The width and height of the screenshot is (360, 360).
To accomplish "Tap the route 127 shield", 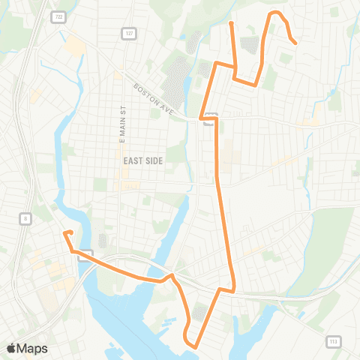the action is (128, 33).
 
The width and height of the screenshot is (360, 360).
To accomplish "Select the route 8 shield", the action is (25, 218).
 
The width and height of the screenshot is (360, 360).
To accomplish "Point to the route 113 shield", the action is (332, 342).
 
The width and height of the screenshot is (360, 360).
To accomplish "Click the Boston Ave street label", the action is (153, 97).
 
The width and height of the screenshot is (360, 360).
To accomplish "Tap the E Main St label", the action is (120, 124).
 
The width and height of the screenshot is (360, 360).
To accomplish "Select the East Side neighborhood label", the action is (138, 160).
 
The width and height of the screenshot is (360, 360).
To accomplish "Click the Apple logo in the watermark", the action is (10, 348).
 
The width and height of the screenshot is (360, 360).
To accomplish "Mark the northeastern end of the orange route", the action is (296, 43).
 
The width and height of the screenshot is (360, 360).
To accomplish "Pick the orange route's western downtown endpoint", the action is (64, 233).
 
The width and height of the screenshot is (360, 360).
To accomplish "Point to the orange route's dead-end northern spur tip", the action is (231, 24).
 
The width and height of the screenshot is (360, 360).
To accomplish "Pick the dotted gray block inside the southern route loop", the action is (200, 313).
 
